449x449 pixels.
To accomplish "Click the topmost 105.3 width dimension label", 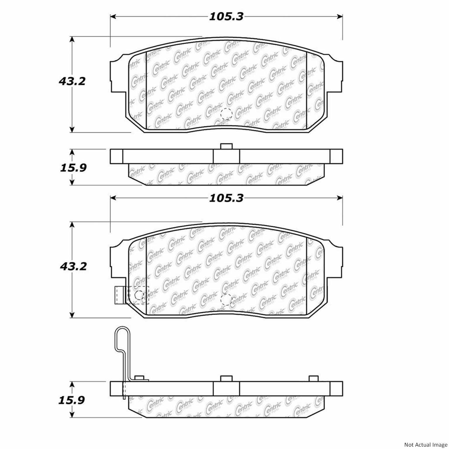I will click(226, 17).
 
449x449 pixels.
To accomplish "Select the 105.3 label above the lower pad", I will click(226, 198).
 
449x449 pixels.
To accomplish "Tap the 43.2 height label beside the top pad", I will click(72, 81).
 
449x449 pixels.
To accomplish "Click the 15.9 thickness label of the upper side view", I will click(73, 168).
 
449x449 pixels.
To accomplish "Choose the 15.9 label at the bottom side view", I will click(72, 400).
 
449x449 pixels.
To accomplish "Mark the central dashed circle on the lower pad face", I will click(226, 299).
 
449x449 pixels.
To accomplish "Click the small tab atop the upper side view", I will click(226, 146).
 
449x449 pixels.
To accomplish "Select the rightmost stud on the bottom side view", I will click(313, 378).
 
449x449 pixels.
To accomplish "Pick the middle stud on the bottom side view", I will click(226, 378).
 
